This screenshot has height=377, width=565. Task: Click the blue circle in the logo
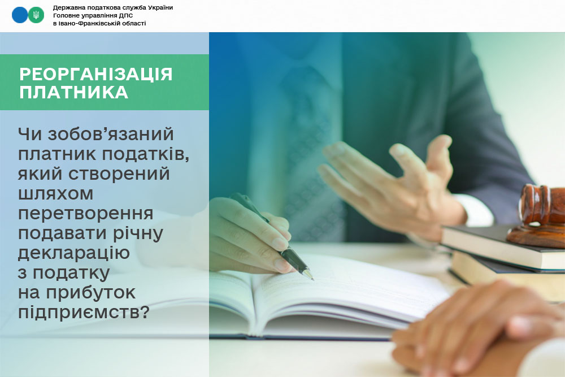pos(20,15)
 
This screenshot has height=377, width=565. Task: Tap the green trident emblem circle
pos(36,15)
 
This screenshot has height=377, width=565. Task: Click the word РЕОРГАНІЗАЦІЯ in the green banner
pos(96,74)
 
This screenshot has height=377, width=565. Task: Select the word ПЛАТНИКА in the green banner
pos(74,92)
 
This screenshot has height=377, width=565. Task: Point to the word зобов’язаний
pos(111,135)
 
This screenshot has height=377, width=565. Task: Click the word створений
pos(119,174)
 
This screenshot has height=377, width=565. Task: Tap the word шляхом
pos(55,194)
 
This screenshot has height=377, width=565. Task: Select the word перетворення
pos(86,214)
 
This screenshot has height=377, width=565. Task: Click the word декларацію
pos(74,253)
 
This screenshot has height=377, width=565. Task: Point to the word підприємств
pos(84,312)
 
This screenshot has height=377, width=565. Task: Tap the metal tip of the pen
pos(309,275)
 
